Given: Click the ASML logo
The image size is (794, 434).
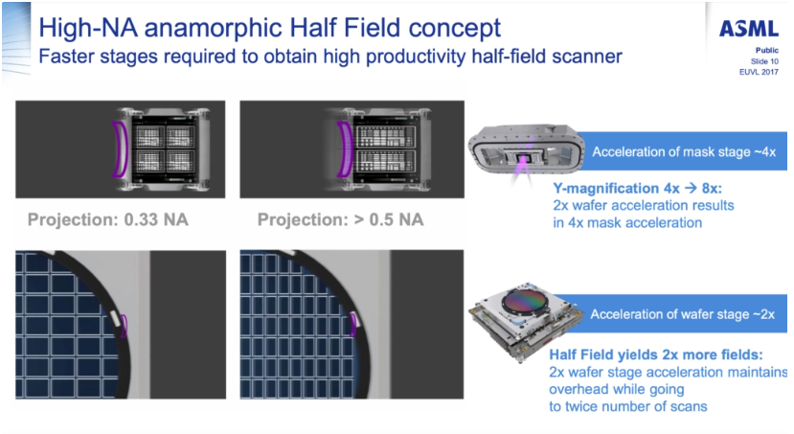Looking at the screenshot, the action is pyautogui.click(x=749, y=29).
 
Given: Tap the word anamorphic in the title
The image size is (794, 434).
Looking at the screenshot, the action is pyautogui.click(x=214, y=28).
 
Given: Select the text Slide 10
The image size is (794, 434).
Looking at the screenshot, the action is pyautogui.click(x=764, y=61).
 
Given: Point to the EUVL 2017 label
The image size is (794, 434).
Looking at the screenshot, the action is pyautogui.click(x=759, y=72).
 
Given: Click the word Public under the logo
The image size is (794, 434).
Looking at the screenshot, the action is pyautogui.click(x=766, y=50).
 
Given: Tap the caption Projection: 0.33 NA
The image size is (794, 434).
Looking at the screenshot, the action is pyautogui.click(x=108, y=219).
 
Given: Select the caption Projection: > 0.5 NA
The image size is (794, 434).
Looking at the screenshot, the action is pyautogui.click(x=340, y=219).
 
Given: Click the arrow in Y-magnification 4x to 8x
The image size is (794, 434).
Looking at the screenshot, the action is pyautogui.click(x=690, y=189).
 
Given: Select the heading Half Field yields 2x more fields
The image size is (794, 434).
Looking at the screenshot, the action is pyautogui.click(x=656, y=354).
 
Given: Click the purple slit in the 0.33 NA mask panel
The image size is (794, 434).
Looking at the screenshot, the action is pyautogui.click(x=120, y=149).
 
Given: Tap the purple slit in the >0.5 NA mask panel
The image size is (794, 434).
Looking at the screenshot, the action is pyautogui.click(x=346, y=149).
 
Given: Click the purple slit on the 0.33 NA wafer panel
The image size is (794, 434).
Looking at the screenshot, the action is pyautogui.click(x=125, y=326).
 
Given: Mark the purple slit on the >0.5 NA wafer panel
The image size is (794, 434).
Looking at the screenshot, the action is pyautogui.click(x=353, y=325).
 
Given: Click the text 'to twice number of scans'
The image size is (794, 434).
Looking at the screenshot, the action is pyautogui.click(x=628, y=406).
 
